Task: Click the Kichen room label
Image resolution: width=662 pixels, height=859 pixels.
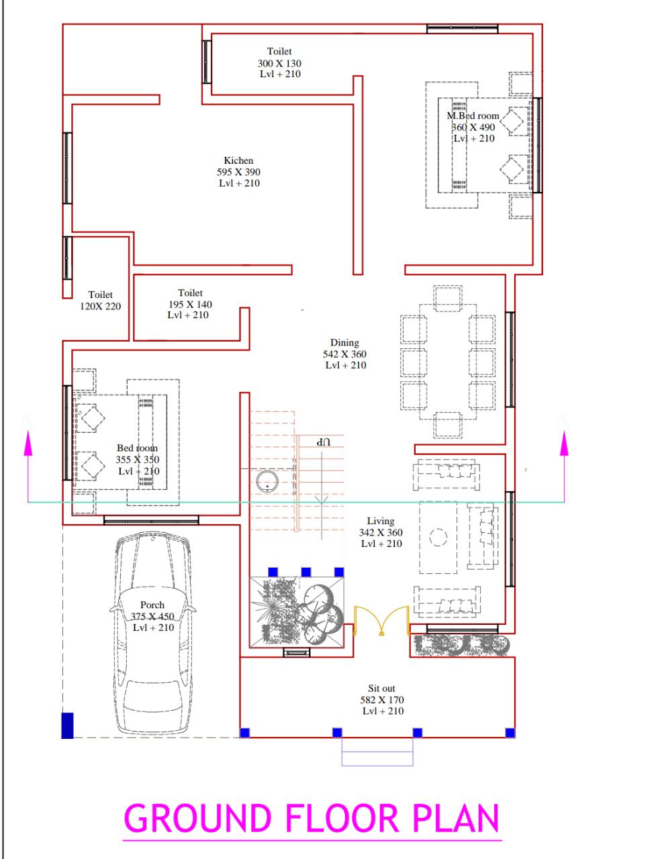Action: pos(238,160)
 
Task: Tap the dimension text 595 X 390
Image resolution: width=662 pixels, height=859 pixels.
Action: pos(238,172)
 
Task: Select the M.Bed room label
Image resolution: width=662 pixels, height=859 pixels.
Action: pos(473,116)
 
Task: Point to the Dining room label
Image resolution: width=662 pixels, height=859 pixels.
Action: pos(344,342)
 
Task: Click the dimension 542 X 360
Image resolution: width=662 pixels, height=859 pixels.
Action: pos(344,354)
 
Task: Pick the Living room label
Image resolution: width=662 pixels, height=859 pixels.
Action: pos(381,521)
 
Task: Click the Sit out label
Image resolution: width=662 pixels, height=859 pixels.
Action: pos(381,689)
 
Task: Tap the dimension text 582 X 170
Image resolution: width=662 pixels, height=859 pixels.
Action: pos(381,700)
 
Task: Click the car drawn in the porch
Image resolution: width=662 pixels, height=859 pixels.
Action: pos(152,632)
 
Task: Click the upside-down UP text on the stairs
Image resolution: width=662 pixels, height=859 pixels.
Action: pos(324,442)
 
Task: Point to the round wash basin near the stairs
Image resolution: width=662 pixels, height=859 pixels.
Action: pos(267,481)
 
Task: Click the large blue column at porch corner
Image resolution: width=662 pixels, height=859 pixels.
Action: pos(67,725)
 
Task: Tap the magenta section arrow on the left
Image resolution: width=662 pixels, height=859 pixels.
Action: pos(28,467)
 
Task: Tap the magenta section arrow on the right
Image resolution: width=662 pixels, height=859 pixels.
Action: pos(564,467)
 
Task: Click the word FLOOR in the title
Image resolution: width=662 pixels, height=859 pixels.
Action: pos(342,818)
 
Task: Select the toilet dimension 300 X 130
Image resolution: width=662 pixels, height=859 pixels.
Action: pos(279,63)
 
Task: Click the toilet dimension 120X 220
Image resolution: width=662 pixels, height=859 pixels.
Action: pos(101,306)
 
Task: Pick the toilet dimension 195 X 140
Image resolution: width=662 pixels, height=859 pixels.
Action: pos(190,305)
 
